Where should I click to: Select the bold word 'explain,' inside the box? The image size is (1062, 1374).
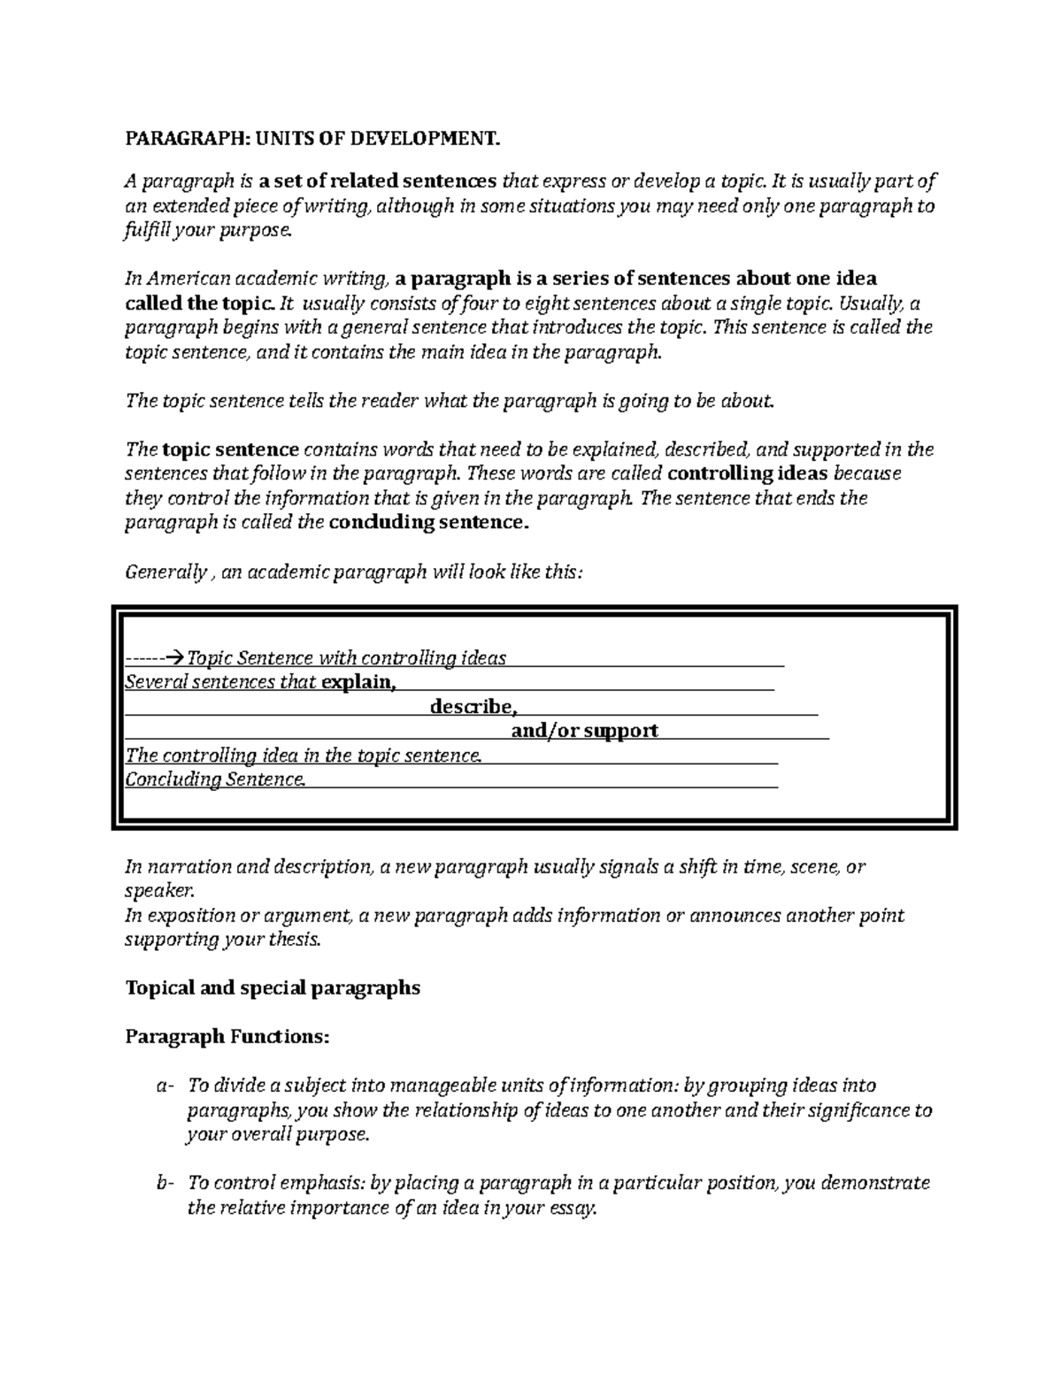pos(358,682)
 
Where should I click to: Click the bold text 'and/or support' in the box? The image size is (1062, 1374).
pos(585,731)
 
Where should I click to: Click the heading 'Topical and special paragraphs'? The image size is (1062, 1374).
pos(273,988)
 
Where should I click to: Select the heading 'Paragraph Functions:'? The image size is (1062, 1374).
pos(227,1036)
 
